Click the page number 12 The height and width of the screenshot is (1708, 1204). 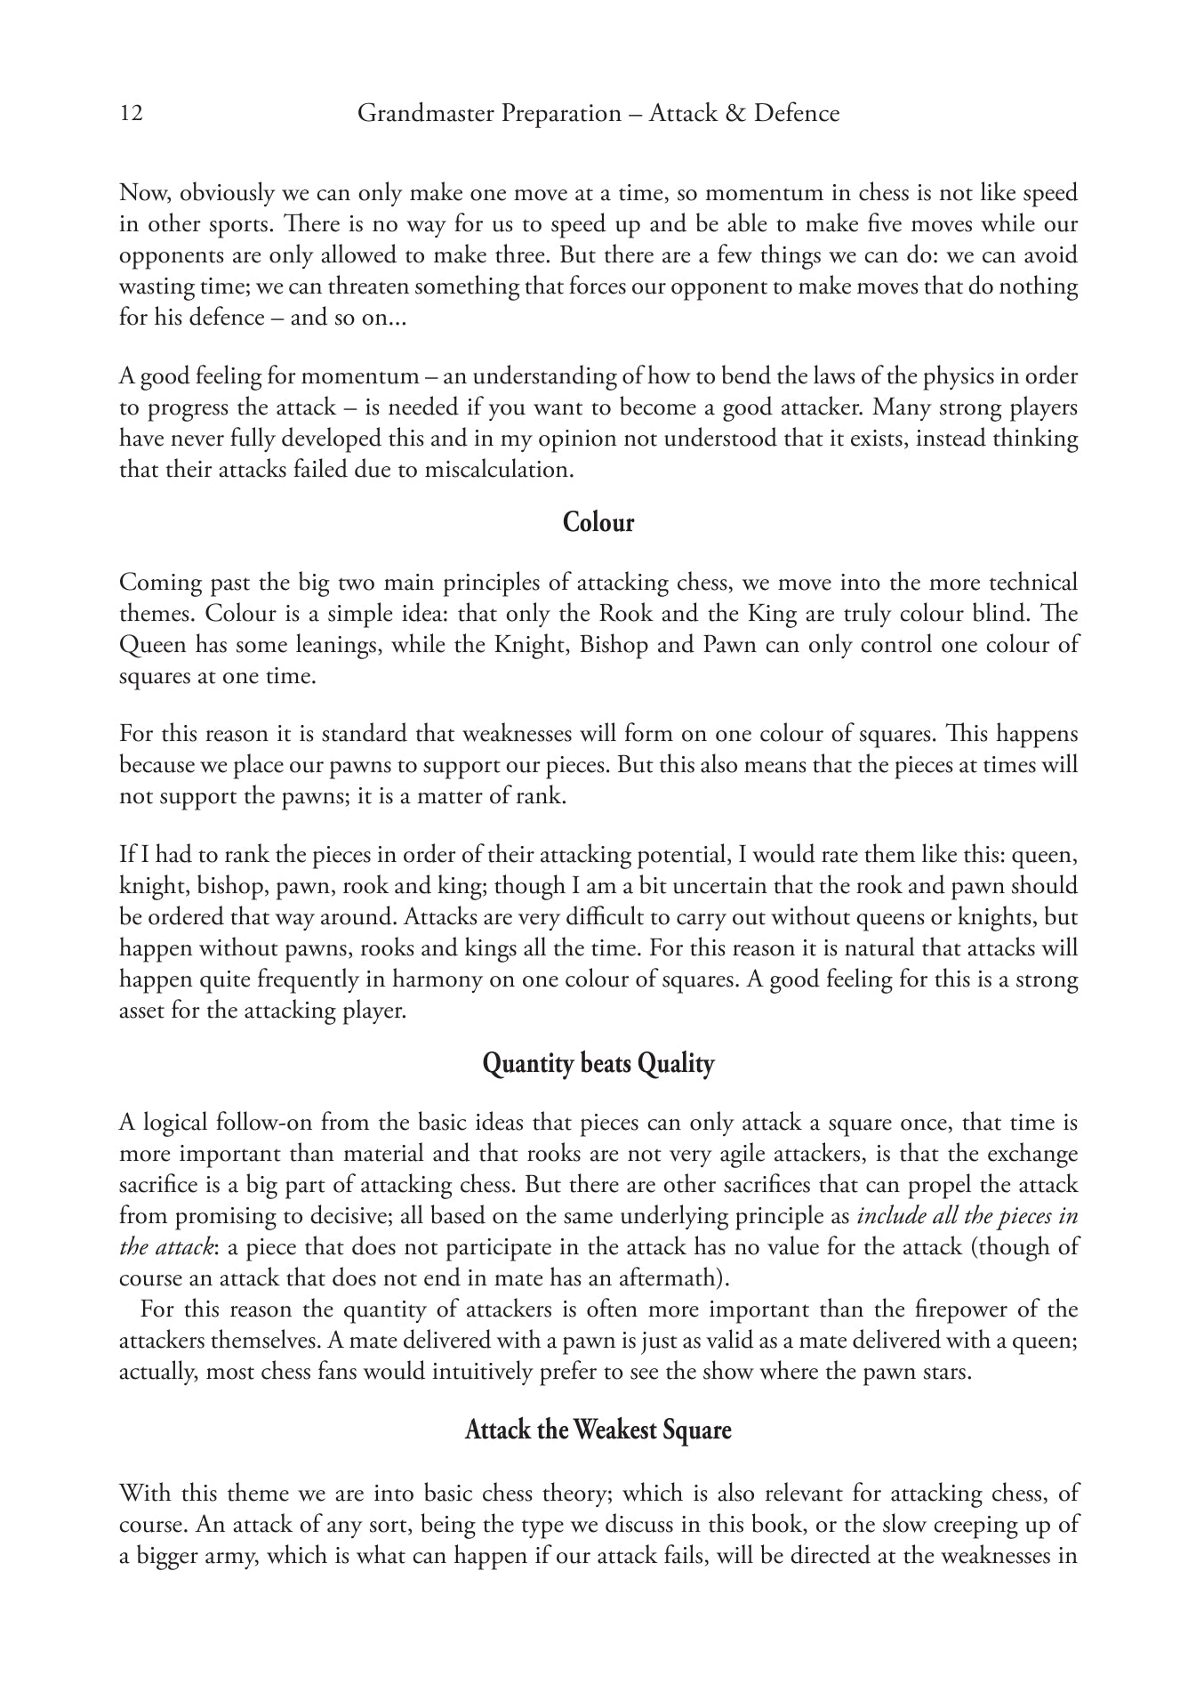click(131, 114)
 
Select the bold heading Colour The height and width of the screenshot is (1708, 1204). click(598, 522)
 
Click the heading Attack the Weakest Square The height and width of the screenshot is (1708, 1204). click(598, 1430)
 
